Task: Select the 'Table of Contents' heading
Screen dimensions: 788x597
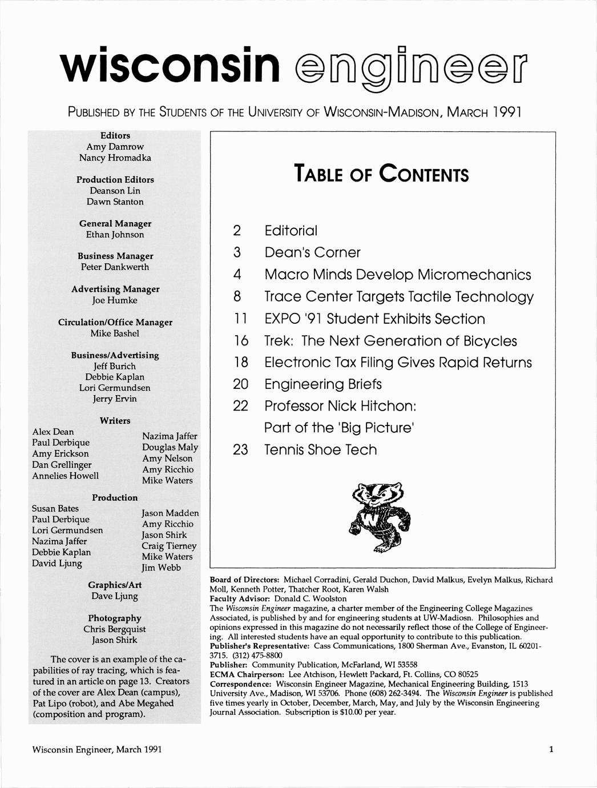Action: (x=381, y=174)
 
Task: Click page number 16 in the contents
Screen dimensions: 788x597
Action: (x=241, y=341)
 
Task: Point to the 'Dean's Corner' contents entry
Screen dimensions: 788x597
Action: (x=312, y=252)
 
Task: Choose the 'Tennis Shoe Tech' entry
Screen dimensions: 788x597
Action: (x=320, y=449)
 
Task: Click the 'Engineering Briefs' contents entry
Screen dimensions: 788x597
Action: (x=322, y=384)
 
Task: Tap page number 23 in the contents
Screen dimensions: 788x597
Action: (x=241, y=450)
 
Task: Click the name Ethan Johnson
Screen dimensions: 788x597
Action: (x=115, y=235)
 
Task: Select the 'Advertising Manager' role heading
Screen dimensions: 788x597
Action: (x=115, y=289)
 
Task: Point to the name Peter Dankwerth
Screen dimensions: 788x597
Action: (x=115, y=267)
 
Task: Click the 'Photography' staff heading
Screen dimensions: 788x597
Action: (x=115, y=618)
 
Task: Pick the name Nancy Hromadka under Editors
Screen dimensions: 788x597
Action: (x=115, y=158)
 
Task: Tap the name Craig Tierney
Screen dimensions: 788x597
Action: (x=169, y=546)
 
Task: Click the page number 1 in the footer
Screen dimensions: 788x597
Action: (x=551, y=749)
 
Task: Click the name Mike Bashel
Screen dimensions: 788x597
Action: (x=115, y=333)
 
